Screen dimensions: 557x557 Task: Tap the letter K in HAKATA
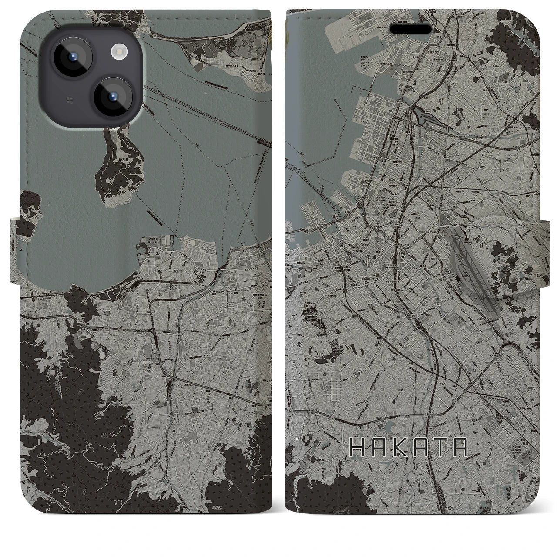pos(399,447)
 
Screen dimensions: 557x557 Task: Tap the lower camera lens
pos(110,97)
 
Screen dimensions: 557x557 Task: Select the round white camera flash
pos(118,52)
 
